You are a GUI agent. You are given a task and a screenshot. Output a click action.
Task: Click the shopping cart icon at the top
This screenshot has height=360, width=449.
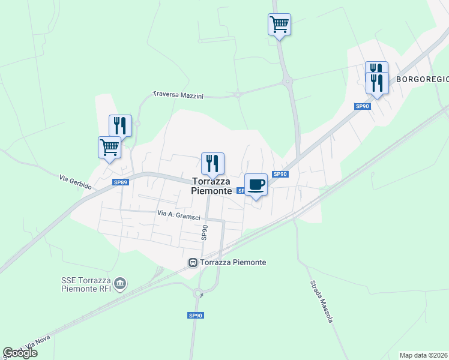(279, 25)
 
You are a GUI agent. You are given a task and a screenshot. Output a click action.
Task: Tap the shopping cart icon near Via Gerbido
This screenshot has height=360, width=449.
(109, 148)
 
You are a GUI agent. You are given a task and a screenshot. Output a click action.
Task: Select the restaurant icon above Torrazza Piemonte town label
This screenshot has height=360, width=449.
(212, 163)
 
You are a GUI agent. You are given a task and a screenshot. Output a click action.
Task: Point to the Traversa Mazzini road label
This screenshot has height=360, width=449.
(178, 95)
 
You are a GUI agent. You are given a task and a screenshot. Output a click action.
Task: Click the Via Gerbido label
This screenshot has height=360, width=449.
(76, 182)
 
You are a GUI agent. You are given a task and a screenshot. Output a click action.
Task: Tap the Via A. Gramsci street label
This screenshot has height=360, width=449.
(178, 214)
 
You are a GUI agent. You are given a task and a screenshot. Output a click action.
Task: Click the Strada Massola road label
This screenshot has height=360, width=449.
(322, 302)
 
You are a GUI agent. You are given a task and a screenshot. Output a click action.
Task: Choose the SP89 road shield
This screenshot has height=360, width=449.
(121, 182)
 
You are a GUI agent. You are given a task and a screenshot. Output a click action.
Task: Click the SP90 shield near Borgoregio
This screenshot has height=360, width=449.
(362, 106)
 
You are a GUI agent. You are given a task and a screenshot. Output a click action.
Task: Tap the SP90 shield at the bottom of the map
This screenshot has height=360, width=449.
(195, 316)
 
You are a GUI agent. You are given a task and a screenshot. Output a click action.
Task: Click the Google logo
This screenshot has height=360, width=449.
(20, 353)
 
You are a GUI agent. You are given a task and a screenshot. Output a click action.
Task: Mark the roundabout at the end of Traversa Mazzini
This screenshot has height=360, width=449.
(238, 94)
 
